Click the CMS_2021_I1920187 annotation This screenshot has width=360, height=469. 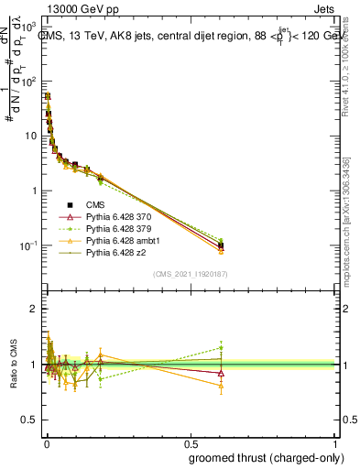pyautogui.click(x=191, y=274)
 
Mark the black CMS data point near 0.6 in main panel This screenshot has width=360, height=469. pyautogui.click(x=221, y=245)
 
